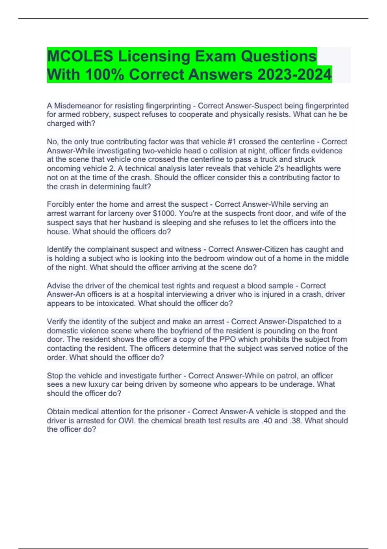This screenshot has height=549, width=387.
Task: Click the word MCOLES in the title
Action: point(80,57)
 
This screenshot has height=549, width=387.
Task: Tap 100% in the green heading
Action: point(104,75)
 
